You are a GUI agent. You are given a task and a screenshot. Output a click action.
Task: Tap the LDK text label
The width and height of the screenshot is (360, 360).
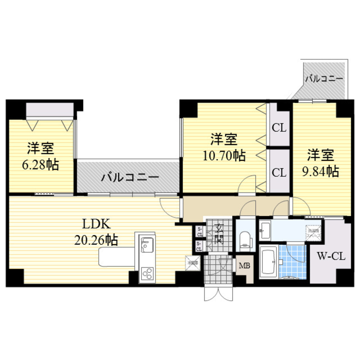(96, 225)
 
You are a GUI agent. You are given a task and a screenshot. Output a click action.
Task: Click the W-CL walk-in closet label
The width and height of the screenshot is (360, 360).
(331, 257)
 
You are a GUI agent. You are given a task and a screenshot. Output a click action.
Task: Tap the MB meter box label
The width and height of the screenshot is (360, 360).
(244, 266)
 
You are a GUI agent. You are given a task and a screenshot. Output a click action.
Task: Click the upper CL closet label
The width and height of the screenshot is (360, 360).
(279, 128)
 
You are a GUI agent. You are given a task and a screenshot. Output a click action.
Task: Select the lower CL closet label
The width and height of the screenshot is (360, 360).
(279, 173)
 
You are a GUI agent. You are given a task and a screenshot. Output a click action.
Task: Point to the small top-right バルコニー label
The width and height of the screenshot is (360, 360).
(324, 78)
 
